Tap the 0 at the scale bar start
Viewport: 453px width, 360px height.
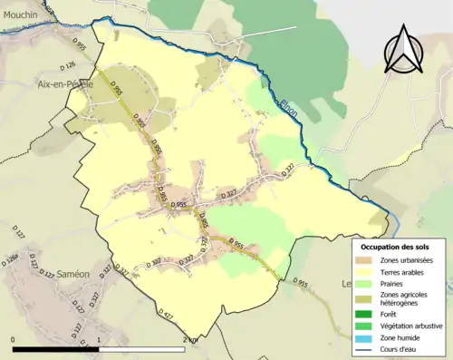coord(14,340)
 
